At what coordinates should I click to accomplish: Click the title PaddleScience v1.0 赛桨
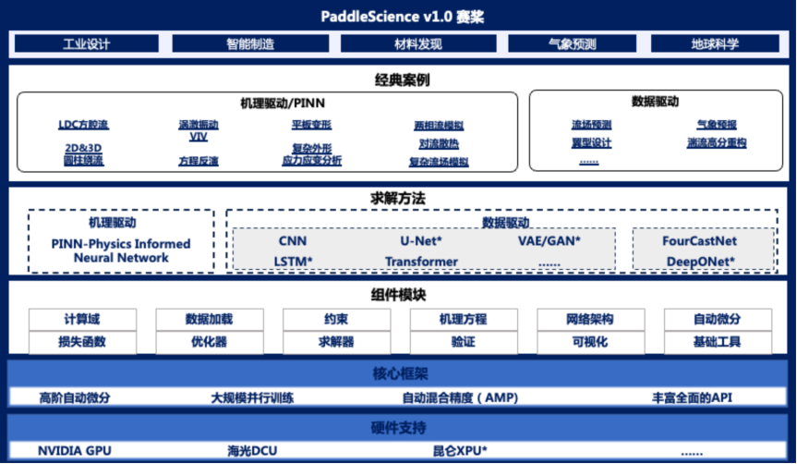398,16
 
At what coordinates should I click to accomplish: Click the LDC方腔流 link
83,125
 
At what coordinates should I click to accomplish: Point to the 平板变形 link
311,125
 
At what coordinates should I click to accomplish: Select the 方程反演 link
199,161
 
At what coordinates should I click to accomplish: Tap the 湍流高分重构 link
716,143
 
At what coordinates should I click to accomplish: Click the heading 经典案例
398,79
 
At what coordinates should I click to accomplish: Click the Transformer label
421,262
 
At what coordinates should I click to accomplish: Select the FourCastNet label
700,240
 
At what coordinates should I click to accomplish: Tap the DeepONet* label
700,262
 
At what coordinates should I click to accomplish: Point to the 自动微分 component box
716,319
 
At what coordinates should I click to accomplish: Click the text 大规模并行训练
252,397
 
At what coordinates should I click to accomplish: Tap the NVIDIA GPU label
73,451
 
